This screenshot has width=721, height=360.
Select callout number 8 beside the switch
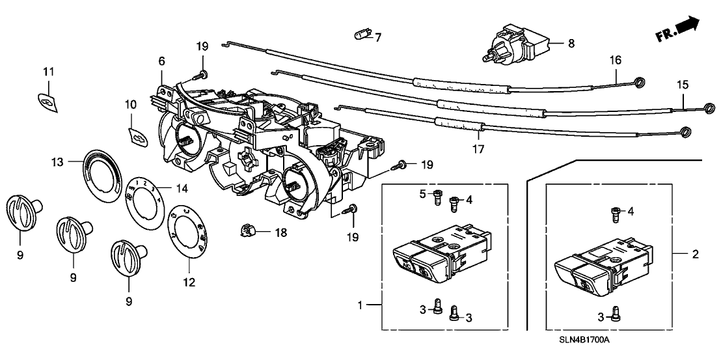click(x=571, y=44)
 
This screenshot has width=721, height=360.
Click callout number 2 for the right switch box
click(x=696, y=255)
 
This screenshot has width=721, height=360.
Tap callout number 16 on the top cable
click(x=614, y=60)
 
